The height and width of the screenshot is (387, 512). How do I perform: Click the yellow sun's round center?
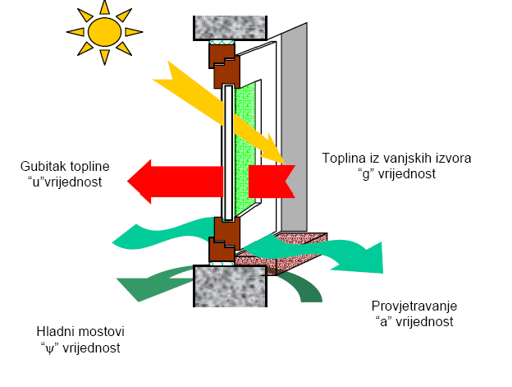(x=104, y=31)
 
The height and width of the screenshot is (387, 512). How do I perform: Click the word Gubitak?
(x=43, y=167)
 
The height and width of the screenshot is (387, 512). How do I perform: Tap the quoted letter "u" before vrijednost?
(x=33, y=182)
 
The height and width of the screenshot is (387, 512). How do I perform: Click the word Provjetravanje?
(x=413, y=306)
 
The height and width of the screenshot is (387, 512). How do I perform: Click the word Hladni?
(x=54, y=332)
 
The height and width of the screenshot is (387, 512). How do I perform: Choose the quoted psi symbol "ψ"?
(x=48, y=348)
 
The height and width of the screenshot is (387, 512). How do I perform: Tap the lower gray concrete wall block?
(x=231, y=285)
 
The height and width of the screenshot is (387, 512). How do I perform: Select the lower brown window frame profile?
(x=223, y=240)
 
